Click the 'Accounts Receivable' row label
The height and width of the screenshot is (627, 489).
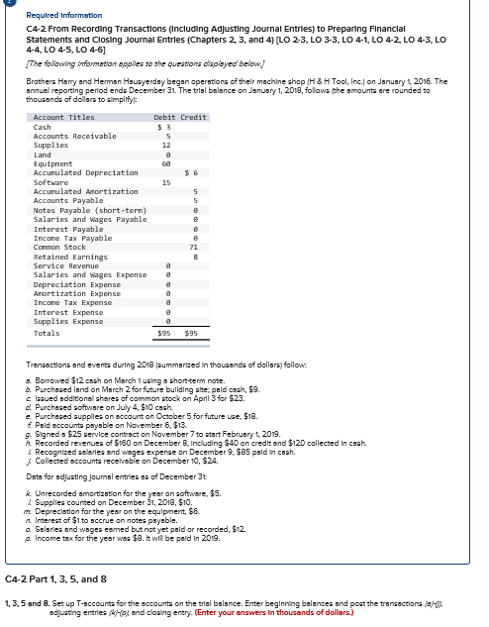coord(75,136)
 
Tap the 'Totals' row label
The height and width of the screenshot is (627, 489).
coord(48,333)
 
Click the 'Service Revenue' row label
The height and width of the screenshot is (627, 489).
coord(64,265)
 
